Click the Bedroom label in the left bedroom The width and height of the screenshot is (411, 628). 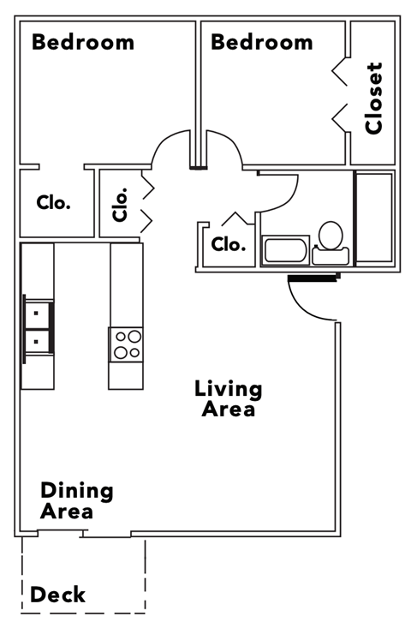(83, 41)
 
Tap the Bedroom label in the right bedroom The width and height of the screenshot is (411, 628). (261, 41)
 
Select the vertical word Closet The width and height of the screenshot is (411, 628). (373, 99)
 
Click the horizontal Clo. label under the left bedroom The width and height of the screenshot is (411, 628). (53, 203)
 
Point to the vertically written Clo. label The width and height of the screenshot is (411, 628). (120, 204)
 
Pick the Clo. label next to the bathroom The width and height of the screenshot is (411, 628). (228, 244)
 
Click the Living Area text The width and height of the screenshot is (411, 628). (228, 398)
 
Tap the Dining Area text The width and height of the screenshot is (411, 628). (77, 501)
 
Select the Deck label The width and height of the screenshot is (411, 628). (58, 594)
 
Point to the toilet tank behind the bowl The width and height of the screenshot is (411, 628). (330, 255)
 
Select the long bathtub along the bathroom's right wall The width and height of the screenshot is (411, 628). (373, 218)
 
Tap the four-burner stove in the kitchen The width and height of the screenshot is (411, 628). (126, 344)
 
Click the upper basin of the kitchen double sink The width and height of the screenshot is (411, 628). (36, 314)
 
